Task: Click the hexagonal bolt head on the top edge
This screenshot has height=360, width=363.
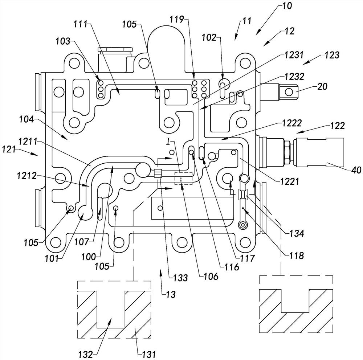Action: [114, 50]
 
